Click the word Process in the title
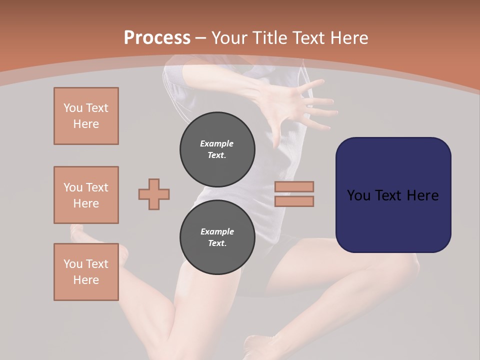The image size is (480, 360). click(157, 38)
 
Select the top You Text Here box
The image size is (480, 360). click(86, 116)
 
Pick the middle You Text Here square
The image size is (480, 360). click(86, 195)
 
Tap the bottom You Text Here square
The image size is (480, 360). click(86, 272)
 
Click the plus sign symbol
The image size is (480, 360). click(154, 194)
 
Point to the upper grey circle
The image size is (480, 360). click(217, 149)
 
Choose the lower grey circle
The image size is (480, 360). click(217, 237)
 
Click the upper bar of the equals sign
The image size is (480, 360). click(294, 187)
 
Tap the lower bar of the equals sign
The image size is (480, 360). click(294, 201)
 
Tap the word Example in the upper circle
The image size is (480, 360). click(217, 143)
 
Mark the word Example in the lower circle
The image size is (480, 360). click(217, 231)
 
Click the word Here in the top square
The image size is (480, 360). click(86, 124)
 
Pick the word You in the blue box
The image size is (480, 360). click(358, 195)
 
